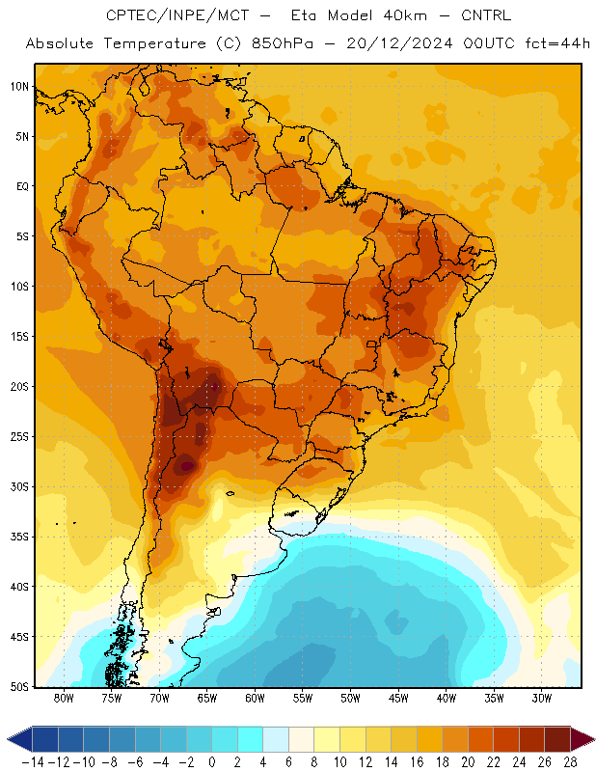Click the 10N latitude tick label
tap(19, 87)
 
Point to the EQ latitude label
tap(22, 186)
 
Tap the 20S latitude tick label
tap(19, 387)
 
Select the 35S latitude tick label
tap(19, 537)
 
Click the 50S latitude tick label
tap(19, 686)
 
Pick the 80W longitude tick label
tap(64, 698)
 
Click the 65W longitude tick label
tap(207, 698)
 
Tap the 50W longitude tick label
tap(350, 698)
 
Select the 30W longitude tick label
tap(542, 698)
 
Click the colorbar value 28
tap(570, 762)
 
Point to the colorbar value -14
tap(33, 762)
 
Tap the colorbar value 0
tap(212, 762)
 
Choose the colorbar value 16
tap(417, 762)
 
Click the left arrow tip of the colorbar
tap(8, 739)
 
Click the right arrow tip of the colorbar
tap(595, 739)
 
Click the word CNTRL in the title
tap(486, 15)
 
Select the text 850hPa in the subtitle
tap(282, 43)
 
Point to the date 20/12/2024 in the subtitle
tap(399, 43)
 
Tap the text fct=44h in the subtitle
tap(557, 43)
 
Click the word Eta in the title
tap(303, 15)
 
